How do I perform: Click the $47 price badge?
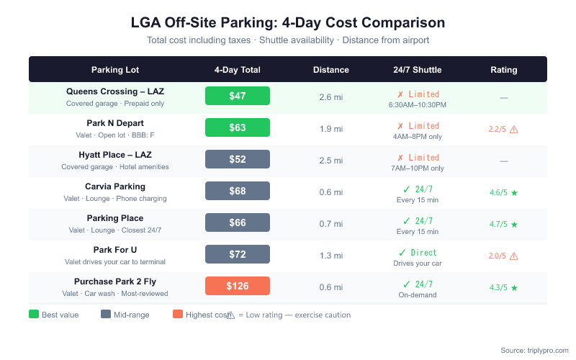coord(237,96)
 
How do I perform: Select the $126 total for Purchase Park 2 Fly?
coord(237,286)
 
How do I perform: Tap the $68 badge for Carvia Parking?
coord(237,191)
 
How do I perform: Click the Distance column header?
coord(330,70)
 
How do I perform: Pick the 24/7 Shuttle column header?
coord(418,70)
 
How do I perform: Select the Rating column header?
coord(503,70)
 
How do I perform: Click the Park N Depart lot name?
coord(115,123)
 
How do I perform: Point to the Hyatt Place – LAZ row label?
coord(115,155)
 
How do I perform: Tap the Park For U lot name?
coord(115,250)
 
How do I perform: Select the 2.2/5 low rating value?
coord(498,129)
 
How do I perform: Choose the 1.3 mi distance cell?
coord(330,254)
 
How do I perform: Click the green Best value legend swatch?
coord(34,315)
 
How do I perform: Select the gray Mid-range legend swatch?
coord(106,315)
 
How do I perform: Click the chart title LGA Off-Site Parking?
coord(288,22)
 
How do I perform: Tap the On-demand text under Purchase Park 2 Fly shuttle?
coord(418,295)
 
